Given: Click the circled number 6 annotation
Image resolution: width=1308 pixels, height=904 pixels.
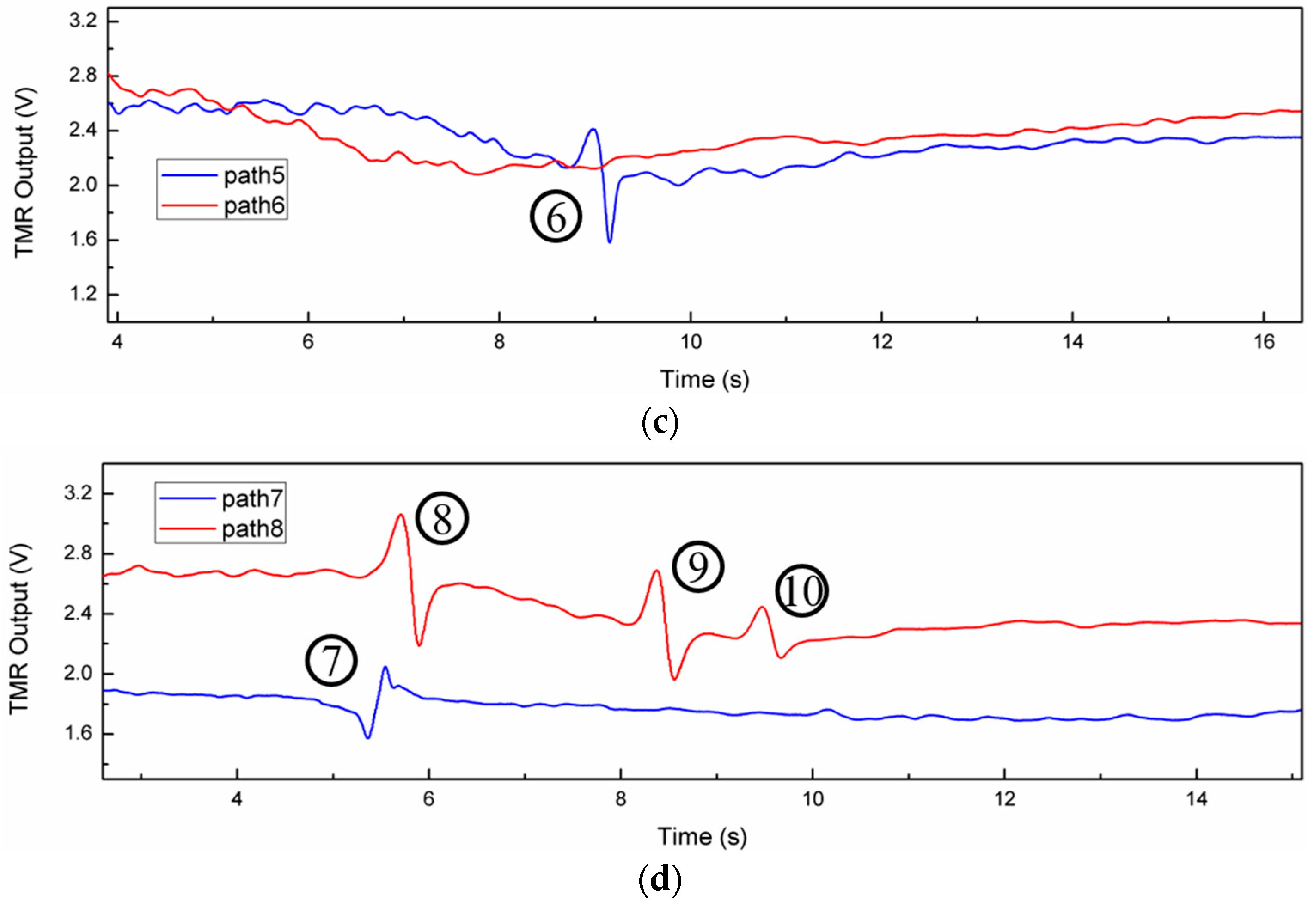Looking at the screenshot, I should tap(555, 217).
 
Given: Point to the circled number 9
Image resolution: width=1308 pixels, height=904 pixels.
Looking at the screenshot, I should tap(698, 566).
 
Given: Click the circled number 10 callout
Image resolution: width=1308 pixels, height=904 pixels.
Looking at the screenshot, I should tap(801, 591).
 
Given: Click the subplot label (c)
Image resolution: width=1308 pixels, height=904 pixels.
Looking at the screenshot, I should tap(660, 422).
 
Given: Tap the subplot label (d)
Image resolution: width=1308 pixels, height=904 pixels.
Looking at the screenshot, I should tap(660, 879).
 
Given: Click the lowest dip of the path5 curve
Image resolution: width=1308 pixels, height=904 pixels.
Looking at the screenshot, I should tap(610, 242).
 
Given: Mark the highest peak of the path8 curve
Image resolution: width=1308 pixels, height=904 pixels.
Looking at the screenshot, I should tap(401, 514).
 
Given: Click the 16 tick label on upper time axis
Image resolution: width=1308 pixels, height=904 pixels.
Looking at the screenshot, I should tap(1264, 342).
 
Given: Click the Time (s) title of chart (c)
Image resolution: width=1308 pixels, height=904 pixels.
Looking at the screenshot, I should tap(704, 379).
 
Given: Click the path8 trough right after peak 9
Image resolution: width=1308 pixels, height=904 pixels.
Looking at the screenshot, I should tap(674, 679).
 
